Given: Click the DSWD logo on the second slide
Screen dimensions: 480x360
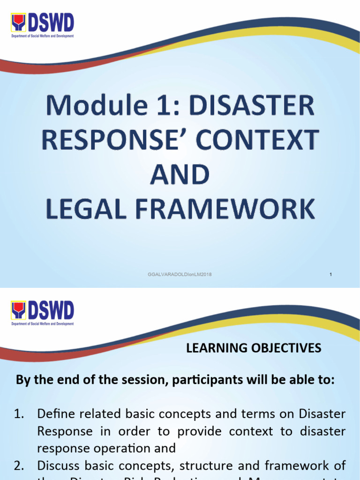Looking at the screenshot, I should click(x=42, y=314).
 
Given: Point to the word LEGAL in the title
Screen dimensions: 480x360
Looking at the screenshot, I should click(x=88, y=210).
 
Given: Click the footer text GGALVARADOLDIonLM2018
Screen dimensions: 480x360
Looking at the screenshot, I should click(x=180, y=274).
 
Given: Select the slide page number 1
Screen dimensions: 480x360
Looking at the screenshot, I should click(x=331, y=274).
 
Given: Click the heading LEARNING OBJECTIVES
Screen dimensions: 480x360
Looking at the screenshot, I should click(x=254, y=348).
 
